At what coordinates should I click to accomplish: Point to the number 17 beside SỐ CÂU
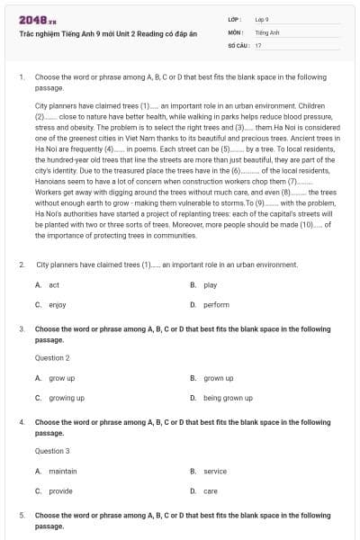[258, 44]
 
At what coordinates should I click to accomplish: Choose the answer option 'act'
[54, 284]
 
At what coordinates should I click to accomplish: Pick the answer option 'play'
[210, 284]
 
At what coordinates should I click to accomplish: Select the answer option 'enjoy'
[57, 304]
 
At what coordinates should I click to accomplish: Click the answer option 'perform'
[216, 304]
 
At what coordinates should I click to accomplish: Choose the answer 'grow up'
[61, 378]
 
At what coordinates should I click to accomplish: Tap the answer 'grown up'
[218, 378]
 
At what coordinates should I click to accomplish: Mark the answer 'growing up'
[66, 397]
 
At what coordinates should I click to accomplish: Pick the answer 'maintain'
[63, 471]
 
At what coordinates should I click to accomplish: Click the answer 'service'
[215, 471]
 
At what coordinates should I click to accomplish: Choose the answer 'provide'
[60, 490]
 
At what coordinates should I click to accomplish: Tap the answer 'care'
[211, 490]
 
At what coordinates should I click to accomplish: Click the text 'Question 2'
[52, 357]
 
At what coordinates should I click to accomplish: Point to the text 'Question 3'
[52, 450]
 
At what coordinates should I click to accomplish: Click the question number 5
[21, 515]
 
